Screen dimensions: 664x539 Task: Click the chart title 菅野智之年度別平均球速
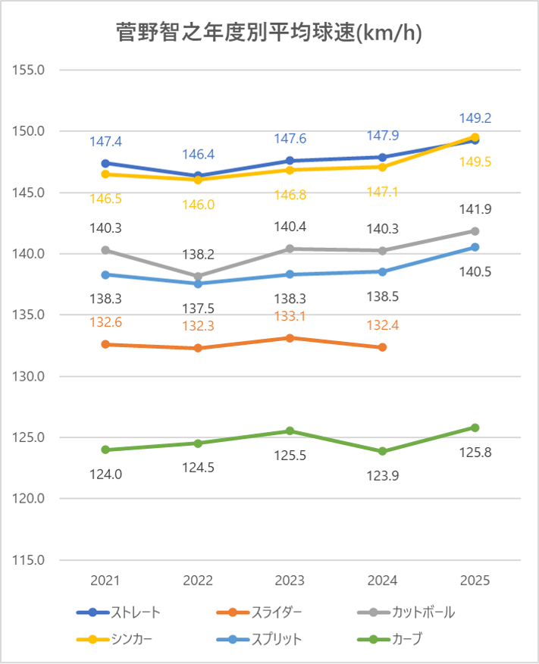coord(269,33)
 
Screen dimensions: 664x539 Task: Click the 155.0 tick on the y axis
coord(31,70)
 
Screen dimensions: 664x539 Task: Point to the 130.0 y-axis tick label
coord(31,377)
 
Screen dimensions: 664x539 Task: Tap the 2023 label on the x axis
coord(290,581)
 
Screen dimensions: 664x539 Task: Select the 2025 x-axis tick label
coord(475,581)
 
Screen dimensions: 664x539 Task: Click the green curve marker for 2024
coord(383,451)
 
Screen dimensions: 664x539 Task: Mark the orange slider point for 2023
coord(290,337)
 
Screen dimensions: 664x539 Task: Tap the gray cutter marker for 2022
coord(198,277)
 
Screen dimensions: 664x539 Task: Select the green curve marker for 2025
coord(475,428)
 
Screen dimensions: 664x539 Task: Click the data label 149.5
coord(475,161)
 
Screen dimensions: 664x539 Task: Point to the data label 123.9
coord(383,475)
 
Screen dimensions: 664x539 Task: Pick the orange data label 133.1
coord(290,318)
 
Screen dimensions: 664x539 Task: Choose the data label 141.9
coord(475,208)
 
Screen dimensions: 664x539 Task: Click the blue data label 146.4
coord(199,155)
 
